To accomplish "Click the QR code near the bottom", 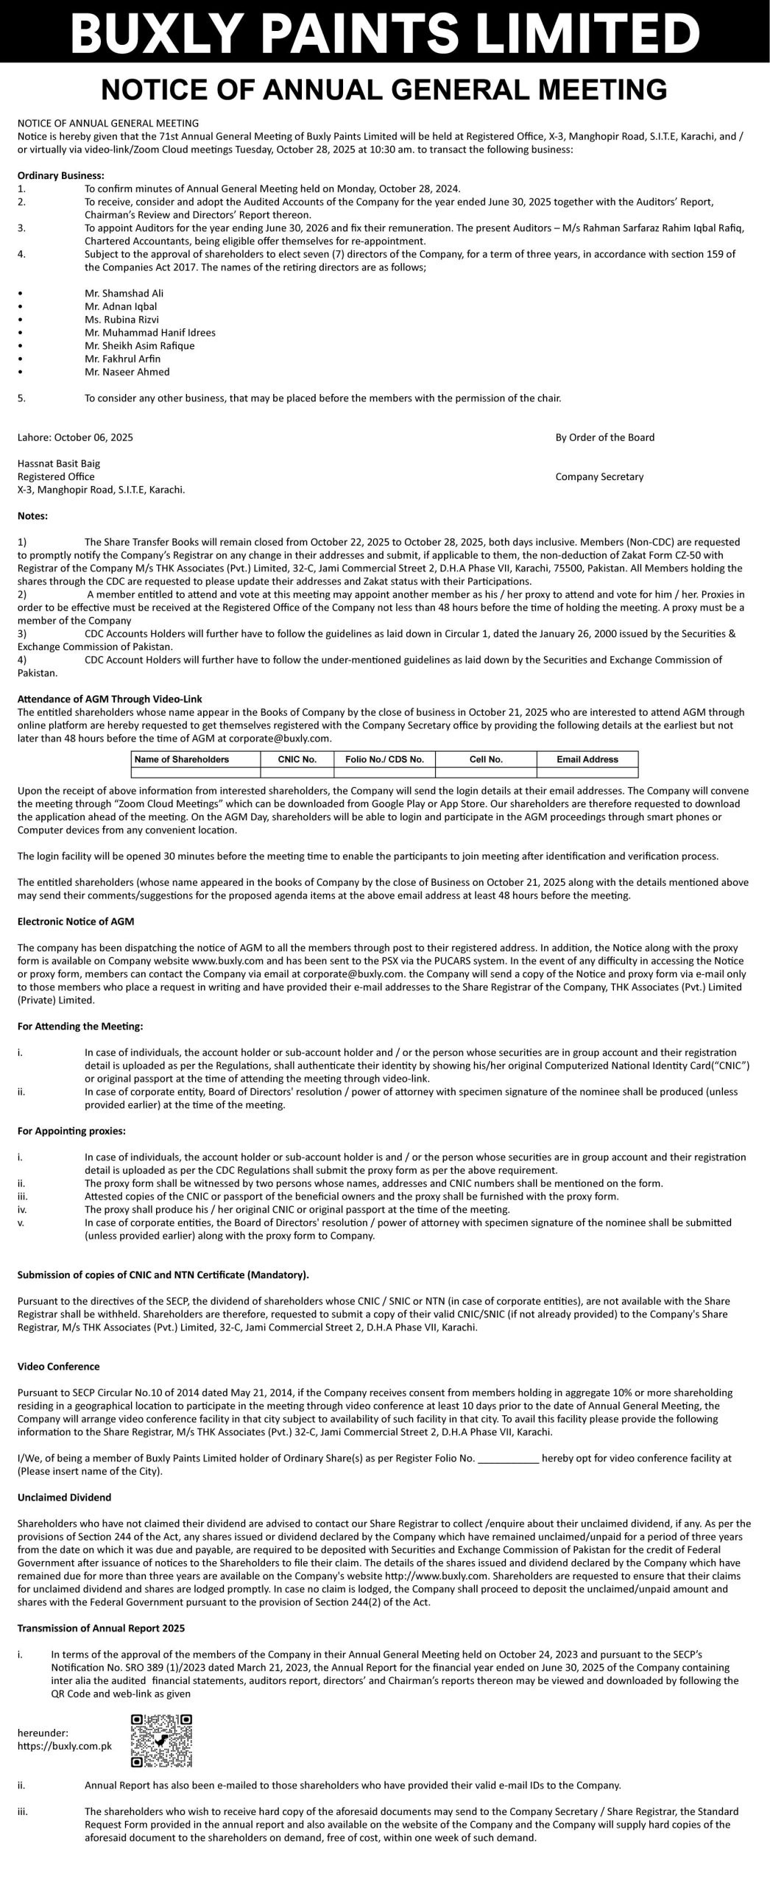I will point(161,1741).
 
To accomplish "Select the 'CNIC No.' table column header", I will point(297,759).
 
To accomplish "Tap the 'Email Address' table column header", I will point(587,759).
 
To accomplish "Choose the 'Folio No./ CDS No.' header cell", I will point(384,759).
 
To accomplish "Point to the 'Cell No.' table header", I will point(485,759).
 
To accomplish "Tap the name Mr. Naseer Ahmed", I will point(127,372).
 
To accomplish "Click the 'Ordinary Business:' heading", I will point(61,175).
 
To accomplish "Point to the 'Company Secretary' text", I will point(599,476).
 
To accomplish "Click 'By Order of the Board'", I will point(604,437).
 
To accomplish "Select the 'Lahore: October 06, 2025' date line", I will point(75,437).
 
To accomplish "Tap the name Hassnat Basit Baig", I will point(59,464).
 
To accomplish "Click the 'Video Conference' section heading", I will point(58,1367).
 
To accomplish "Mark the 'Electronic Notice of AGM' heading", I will point(75,921).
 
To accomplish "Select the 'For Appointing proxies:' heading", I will point(71,1130).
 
